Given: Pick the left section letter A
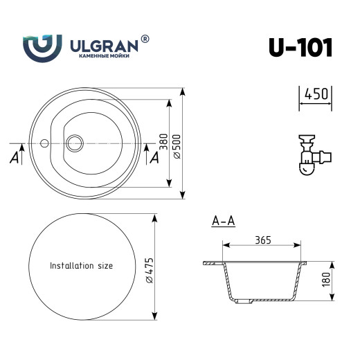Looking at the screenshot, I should (14, 158).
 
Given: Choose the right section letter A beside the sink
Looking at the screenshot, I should (154, 157).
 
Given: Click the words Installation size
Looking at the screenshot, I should (81, 265).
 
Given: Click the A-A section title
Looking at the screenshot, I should (223, 222).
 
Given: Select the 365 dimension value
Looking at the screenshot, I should (262, 240).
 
